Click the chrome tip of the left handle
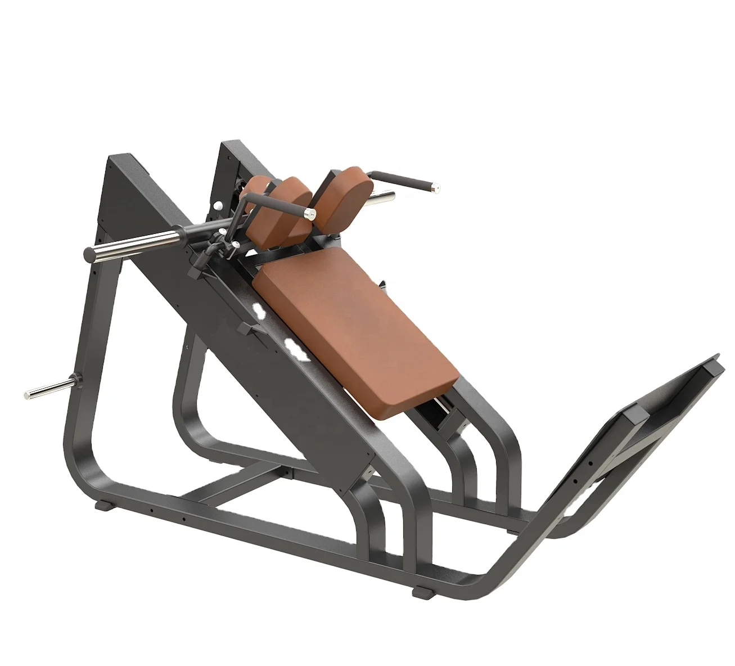click(x=308, y=213)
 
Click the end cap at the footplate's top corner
click(x=714, y=366)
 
